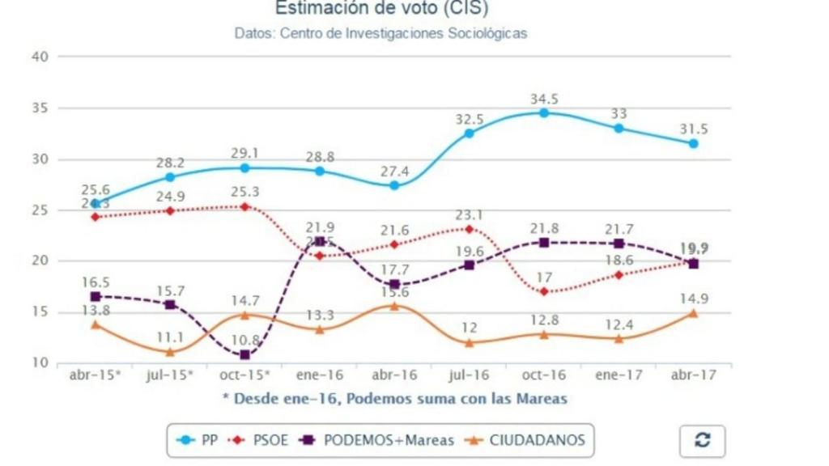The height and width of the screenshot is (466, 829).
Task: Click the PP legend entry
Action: click(x=198, y=441)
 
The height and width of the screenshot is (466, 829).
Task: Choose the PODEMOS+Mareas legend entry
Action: click(x=377, y=441)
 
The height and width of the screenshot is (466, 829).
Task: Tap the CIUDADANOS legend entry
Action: click(x=526, y=441)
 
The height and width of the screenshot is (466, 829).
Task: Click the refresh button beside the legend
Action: click(x=702, y=441)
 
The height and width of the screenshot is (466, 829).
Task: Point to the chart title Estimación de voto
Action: click(x=381, y=9)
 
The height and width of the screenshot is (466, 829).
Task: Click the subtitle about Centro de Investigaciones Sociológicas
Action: click(x=381, y=34)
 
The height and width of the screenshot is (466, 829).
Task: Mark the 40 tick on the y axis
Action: click(x=41, y=57)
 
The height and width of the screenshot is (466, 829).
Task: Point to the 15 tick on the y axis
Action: click(x=41, y=312)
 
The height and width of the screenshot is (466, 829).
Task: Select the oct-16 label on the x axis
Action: click(x=543, y=377)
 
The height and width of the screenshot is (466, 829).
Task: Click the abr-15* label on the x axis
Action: click(x=96, y=377)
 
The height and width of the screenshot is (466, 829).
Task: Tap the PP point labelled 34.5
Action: click(x=544, y=112)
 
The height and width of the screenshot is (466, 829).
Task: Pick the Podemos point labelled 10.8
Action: click(x=245, y=354)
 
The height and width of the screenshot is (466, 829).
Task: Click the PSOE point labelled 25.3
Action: click(x=245, y=206)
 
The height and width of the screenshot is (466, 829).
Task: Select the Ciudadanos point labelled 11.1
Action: click(x=170, y=352)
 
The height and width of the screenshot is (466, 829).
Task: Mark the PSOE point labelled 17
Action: click(x=544, y=291)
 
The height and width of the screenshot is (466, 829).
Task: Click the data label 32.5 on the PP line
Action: click(x=469, y=120)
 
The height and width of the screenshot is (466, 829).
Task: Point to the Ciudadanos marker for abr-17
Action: click(x=693, y=313)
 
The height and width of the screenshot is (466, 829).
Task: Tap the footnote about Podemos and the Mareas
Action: click(x=394, y=398)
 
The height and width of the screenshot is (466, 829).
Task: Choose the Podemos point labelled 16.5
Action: click(x=96, y=296)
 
